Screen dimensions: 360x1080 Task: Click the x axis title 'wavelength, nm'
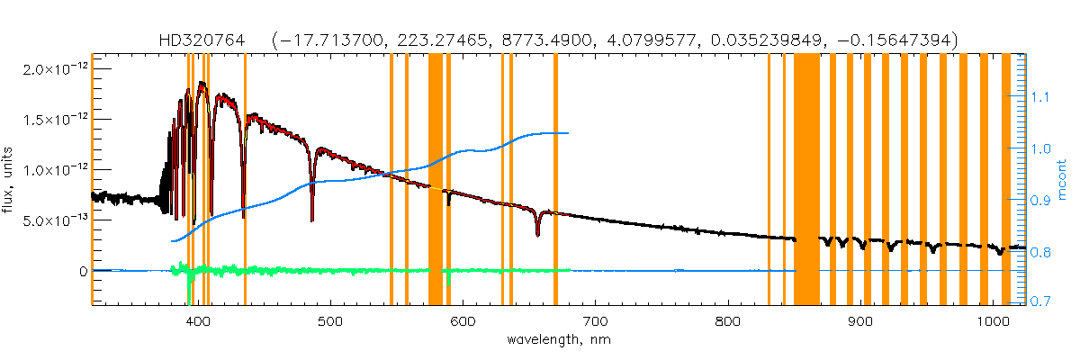click(x=558, y=340)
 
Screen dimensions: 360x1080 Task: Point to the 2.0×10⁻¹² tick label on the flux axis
click(x=58, y=68)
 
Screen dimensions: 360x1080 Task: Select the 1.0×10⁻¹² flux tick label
click(x=58, y=169)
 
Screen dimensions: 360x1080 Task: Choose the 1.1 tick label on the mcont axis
click(x=1040, y=95)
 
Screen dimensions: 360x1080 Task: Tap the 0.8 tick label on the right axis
click(x=1040, y=253)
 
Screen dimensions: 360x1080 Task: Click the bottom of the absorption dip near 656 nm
click(x=537, y=234)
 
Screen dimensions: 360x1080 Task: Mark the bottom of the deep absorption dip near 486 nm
click(x=312, y=219)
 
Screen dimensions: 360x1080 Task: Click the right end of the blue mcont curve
click(x=567, y=133)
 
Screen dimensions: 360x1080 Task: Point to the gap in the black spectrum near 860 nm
click(x=808, y=239)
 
